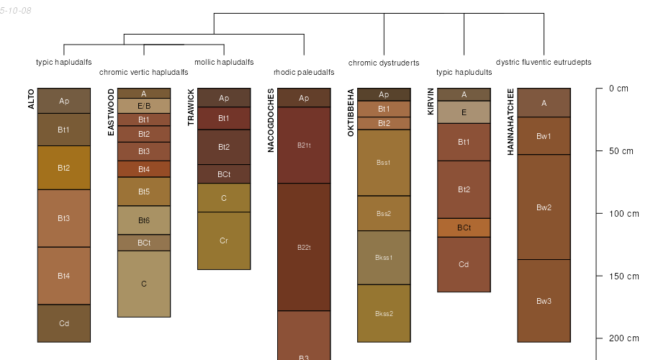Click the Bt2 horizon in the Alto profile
click(x=64, y=168)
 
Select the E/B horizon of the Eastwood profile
click(x=144, y=106)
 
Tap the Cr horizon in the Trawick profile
click(x=224, y=240)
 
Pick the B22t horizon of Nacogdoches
click(x=304, y=247)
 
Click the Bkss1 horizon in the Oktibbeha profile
click(x=384, y=257)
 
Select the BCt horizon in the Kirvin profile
click(x=464, y=228)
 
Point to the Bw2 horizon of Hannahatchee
click(x=544, y=207)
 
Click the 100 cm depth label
click(x=624, y=214)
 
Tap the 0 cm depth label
click(x=618, y=89)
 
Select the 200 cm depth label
click(x=624, y=338)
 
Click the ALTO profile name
click(x=31, y=99)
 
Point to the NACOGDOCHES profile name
click(x=271, y=120)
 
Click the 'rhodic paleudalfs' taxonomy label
click(x=304, y=72)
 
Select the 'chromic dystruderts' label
click(x=384, y=63)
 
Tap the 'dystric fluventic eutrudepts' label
click(x=544, y=62)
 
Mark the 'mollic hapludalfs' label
click(x=224, y=62)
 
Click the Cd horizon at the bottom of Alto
click(x=64, y=323)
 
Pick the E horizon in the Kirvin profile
click(x=464, y=112)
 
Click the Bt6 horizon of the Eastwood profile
click(x=144, y=220)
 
